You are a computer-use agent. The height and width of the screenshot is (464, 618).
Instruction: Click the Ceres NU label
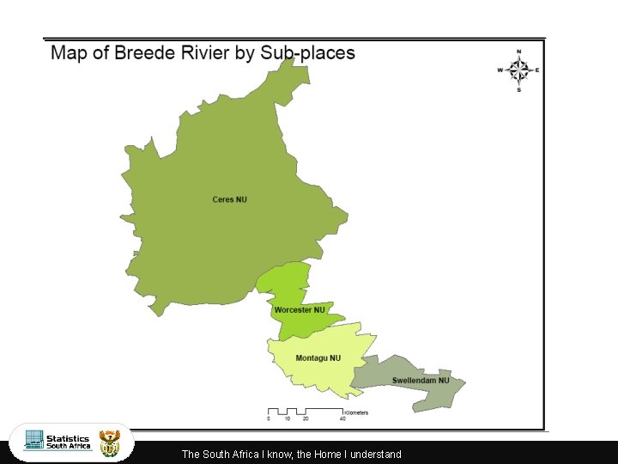[x=229, y=200]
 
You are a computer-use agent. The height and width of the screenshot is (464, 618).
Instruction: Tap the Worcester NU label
[x=300, y=310]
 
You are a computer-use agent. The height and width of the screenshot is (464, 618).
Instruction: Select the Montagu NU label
[x=318, y=358]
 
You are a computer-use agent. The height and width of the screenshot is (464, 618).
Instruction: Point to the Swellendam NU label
[x=421, y=381]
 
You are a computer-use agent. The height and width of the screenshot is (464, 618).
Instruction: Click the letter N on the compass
[x=518, y=52]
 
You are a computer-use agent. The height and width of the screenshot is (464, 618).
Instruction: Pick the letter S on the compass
[x=518, y=89]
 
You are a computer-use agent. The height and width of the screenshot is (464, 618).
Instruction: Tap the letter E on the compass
[x=537, y=70]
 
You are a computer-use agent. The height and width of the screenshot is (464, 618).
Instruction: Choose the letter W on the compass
[x=500, y=70]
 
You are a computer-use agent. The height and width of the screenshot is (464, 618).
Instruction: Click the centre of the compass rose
[x=518, y=70]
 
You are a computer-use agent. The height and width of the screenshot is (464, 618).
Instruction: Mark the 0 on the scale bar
[x=269, y=419]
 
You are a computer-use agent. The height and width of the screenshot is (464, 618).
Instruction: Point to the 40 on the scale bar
[x=342, y=419]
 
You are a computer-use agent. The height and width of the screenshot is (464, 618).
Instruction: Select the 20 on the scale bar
[x=306, y=419]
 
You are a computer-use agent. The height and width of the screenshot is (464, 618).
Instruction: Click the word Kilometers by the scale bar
[x=356, y=412]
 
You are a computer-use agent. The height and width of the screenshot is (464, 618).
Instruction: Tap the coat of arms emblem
[x=110, y=443]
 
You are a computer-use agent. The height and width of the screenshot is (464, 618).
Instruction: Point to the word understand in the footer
[x=376, y=455]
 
